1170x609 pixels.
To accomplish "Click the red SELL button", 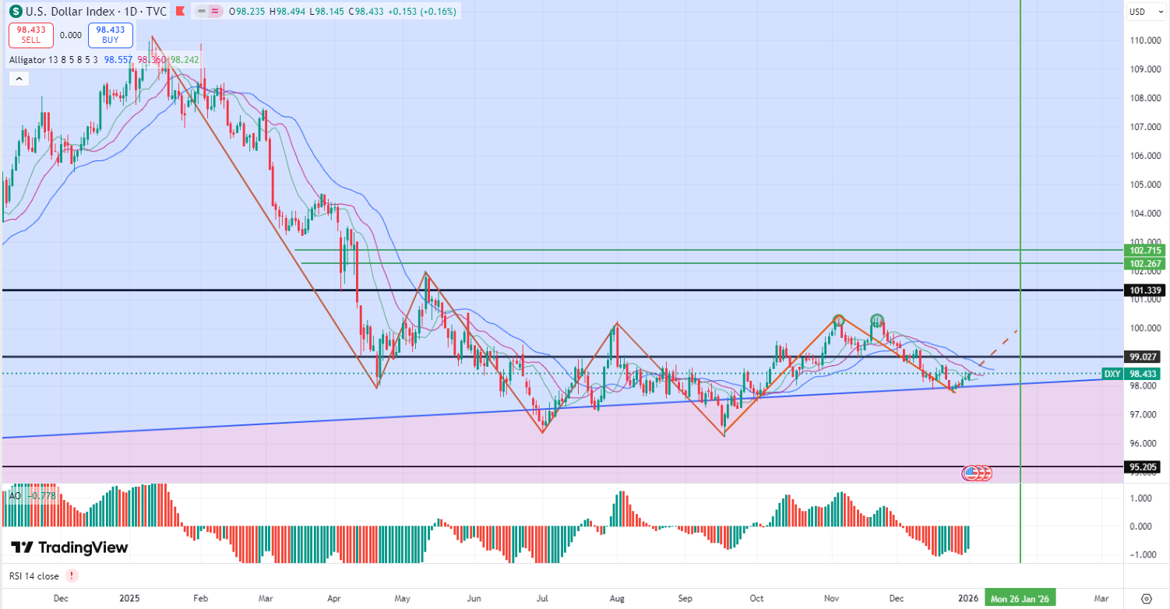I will click(31, 35).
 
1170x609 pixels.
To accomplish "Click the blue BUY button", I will click(110, 35).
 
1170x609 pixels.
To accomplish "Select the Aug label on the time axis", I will click(617, 598).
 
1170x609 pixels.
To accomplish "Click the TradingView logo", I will click(70, 547).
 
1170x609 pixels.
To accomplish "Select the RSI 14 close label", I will click(33, 576).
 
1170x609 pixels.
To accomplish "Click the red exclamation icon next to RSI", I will click(72, 576).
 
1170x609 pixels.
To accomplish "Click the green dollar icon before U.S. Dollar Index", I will click(15, 12).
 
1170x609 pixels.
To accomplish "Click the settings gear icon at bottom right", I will click(1146, 598).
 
